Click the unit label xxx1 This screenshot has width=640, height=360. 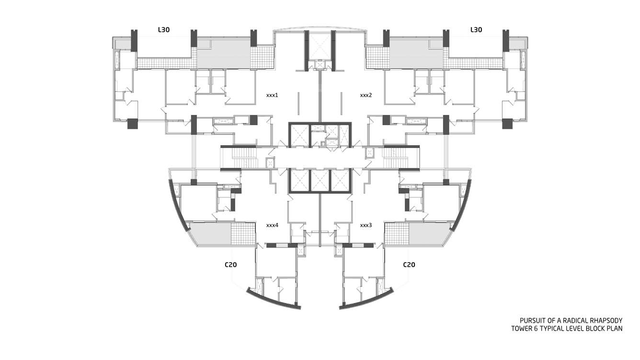tap(272, 95)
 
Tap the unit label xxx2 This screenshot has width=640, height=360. tap(366, 95)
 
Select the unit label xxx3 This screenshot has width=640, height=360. tap(366, 225)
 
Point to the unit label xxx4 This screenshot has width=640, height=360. tap(272, 225)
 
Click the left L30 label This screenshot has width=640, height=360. tap(164, 30)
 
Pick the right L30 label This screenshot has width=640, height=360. tap(476, 30)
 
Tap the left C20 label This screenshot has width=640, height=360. tap(230, 265)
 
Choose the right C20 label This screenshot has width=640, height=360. tap(409, 265)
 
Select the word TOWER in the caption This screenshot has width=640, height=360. tap(522, 329)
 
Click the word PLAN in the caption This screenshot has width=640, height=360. tap(615, 329)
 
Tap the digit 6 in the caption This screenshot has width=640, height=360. tap(537, 329)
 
